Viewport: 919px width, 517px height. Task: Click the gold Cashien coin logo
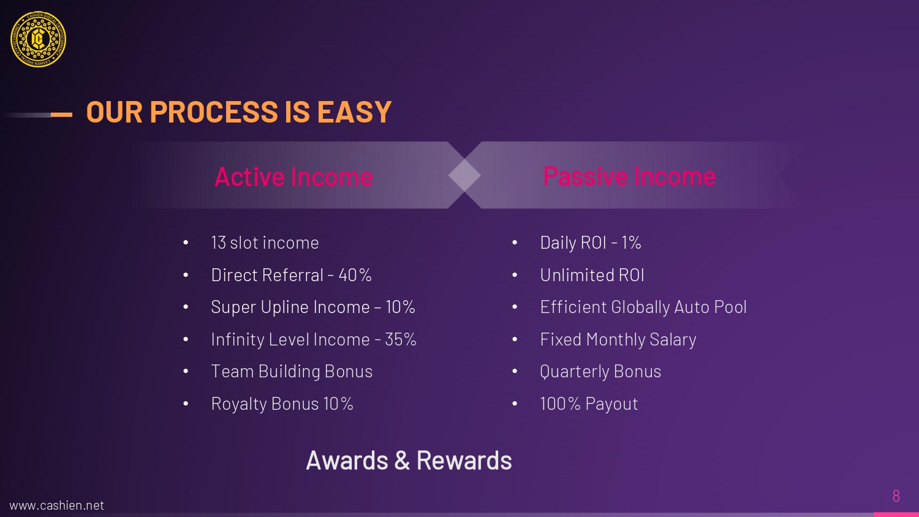coord(38,39)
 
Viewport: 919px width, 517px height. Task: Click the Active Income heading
coord(293,177)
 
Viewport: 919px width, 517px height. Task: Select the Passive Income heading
coord(629,176)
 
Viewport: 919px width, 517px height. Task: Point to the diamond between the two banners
coord(464,175)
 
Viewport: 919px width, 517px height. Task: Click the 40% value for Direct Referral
coord(355,275)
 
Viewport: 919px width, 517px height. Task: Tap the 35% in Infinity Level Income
coord(401,339)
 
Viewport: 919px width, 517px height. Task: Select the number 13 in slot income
coord(218,243)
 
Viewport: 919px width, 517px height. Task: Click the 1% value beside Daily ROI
coord(631,243)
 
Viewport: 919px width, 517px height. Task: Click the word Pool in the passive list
coord(730,307)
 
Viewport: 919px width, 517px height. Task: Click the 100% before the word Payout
coord(560,404)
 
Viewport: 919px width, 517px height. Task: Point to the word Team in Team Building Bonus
coord(232,371)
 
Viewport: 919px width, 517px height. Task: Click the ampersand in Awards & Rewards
coord(402,461)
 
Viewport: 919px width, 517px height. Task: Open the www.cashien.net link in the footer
coord(56,505)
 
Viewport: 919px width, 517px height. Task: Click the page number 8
coord(896,496)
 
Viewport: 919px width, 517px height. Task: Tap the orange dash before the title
coord(61,115)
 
